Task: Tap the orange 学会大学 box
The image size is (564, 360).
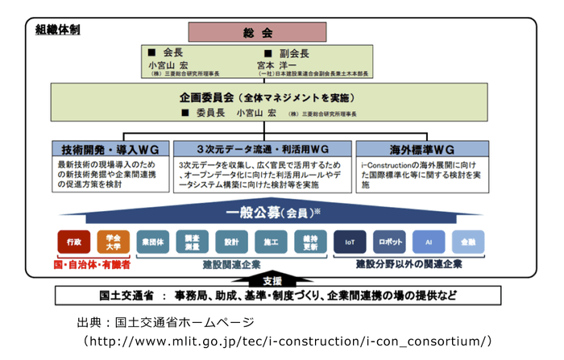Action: tap(114, 242)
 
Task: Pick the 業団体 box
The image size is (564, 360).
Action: tap(153, 242)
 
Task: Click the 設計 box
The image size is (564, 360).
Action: tap(231, 242)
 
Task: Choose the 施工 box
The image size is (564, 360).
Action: tap(271, 242)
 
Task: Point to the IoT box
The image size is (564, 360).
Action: tap(350, 242)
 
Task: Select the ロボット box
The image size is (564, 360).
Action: tap(389, 242)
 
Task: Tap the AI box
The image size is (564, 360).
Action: tap(429, 242)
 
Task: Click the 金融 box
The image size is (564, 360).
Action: tap(468, 242)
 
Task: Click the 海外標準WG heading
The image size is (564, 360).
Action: tap(423, 150)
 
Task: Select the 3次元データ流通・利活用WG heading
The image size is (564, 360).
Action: tap(262, 150)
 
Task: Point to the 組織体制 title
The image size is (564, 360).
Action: tap(57, 30)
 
